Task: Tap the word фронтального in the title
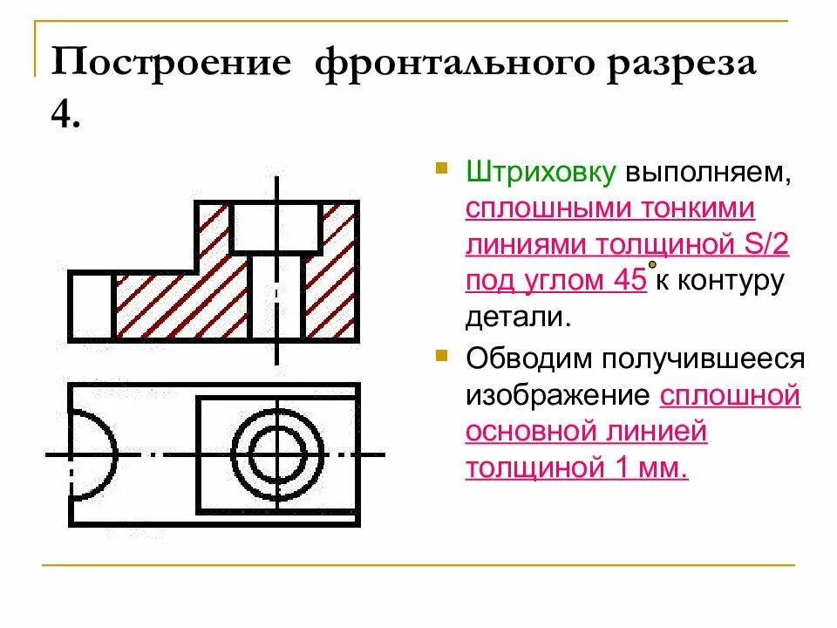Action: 459,67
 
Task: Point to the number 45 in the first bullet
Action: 627,281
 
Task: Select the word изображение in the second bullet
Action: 558,395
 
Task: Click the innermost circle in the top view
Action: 276,454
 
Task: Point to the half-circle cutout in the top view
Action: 92,454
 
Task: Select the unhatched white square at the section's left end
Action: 91,305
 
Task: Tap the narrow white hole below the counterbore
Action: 276,297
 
